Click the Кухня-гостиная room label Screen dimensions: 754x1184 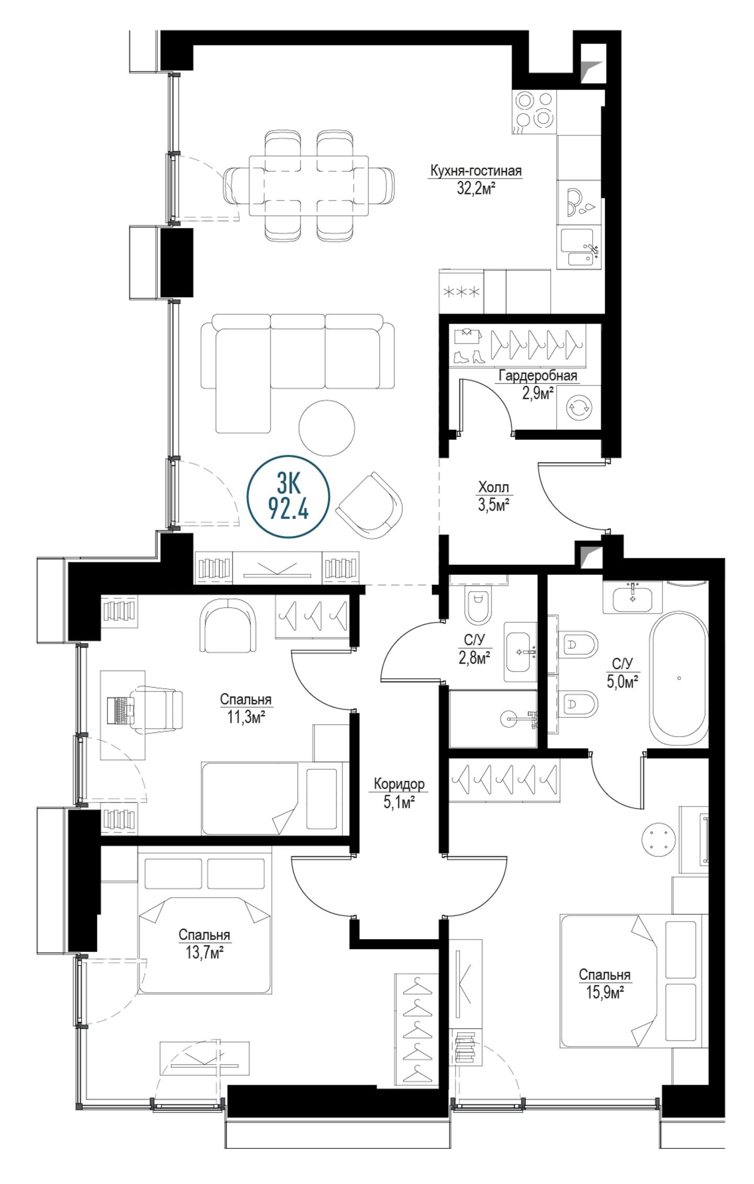(475, 171)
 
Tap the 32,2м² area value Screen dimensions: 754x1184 (476, 188)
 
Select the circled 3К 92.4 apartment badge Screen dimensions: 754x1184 (288, 496)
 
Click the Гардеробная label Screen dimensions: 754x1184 (538, 375)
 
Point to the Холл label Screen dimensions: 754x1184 (493, 488)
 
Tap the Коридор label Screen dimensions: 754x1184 (399, 784)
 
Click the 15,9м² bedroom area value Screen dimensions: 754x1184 (604, 992)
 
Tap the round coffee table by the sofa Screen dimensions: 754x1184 (327, 427)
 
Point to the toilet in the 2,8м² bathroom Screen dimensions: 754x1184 (479, 605)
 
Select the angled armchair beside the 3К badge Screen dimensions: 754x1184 (369, 505)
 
